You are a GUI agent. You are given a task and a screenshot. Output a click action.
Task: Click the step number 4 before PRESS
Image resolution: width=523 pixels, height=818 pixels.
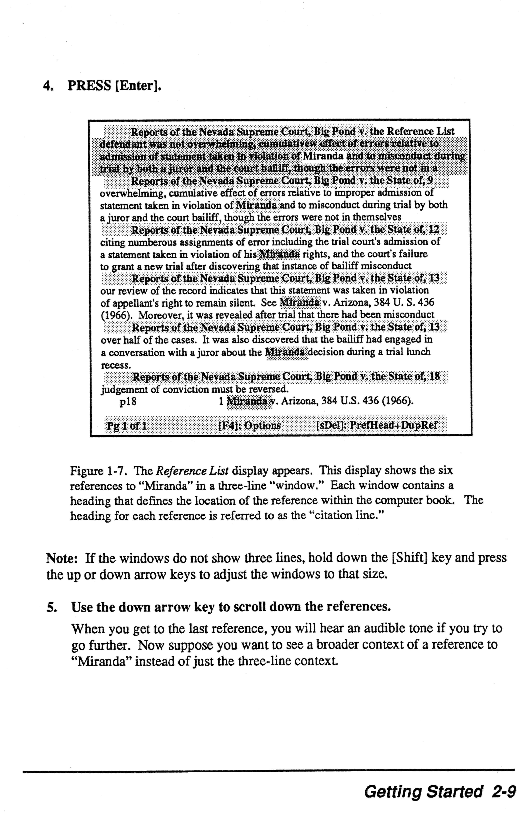(48, 86)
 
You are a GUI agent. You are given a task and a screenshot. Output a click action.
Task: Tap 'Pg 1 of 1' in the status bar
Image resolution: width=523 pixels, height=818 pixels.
(126, 425)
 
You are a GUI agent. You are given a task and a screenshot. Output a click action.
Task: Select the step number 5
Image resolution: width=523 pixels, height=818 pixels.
(51, 607)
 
